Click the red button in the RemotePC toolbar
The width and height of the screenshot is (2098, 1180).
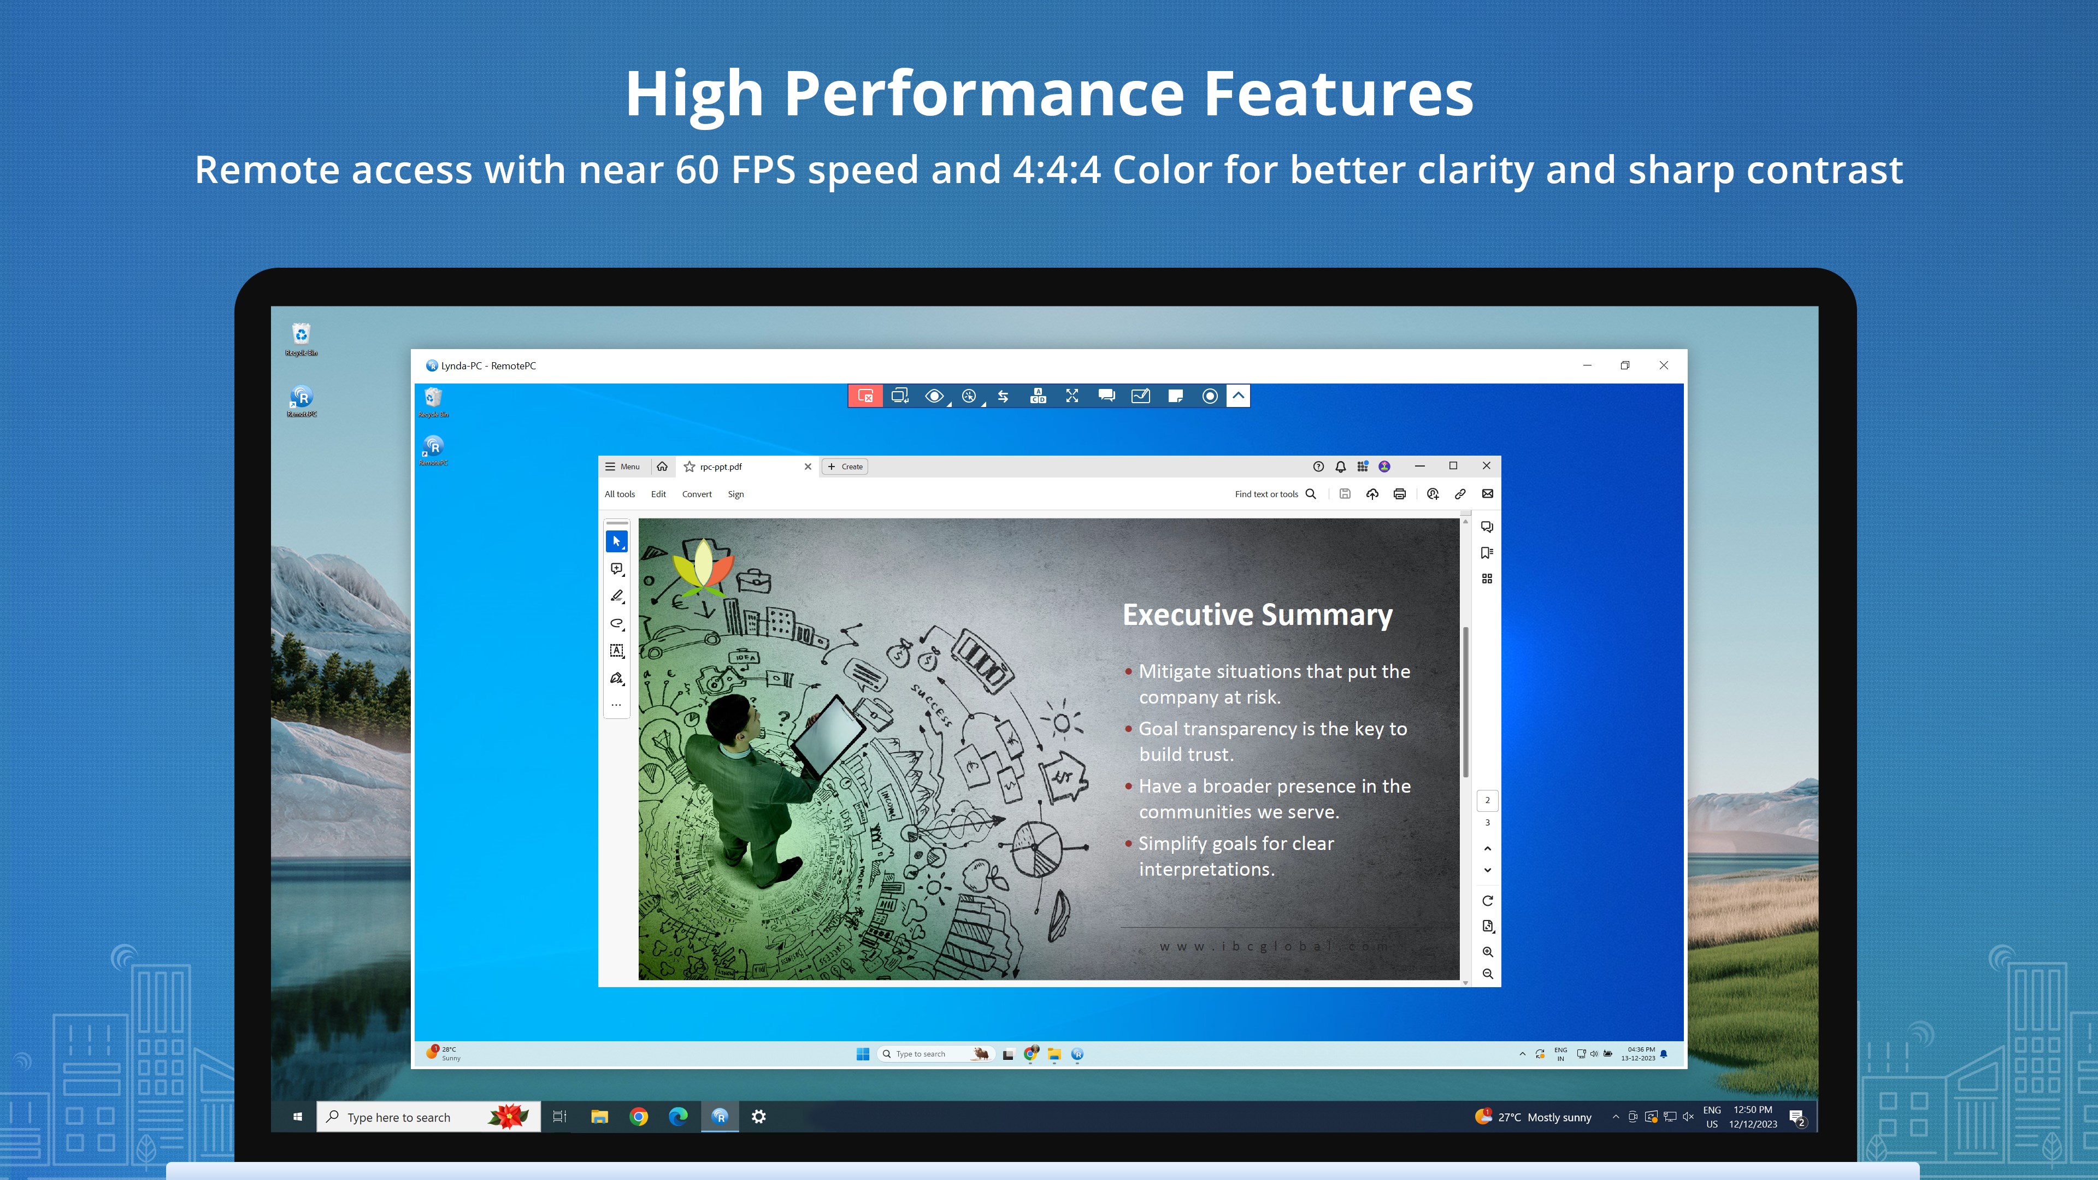[865, 396]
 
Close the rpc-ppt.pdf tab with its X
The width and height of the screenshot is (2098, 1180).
[808, 467]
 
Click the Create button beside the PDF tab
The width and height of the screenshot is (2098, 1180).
[845, 467]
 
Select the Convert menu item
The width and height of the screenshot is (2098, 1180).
[697, 494]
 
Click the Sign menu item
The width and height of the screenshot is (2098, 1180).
[735, 494]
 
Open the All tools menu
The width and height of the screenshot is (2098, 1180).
[619, 494]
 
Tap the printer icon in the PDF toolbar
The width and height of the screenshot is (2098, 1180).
[1399, 494]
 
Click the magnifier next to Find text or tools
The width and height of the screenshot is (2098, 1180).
[1311, 494]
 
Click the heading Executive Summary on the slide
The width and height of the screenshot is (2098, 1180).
[1257, 615]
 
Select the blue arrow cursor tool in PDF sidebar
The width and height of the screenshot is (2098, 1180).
[616, 541]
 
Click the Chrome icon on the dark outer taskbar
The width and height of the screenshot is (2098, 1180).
[639, 1117]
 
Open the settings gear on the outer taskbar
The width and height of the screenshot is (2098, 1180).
[758, 1117]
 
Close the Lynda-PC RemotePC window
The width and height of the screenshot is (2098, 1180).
[1663, 365]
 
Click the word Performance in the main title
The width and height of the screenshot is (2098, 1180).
[983, 93]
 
